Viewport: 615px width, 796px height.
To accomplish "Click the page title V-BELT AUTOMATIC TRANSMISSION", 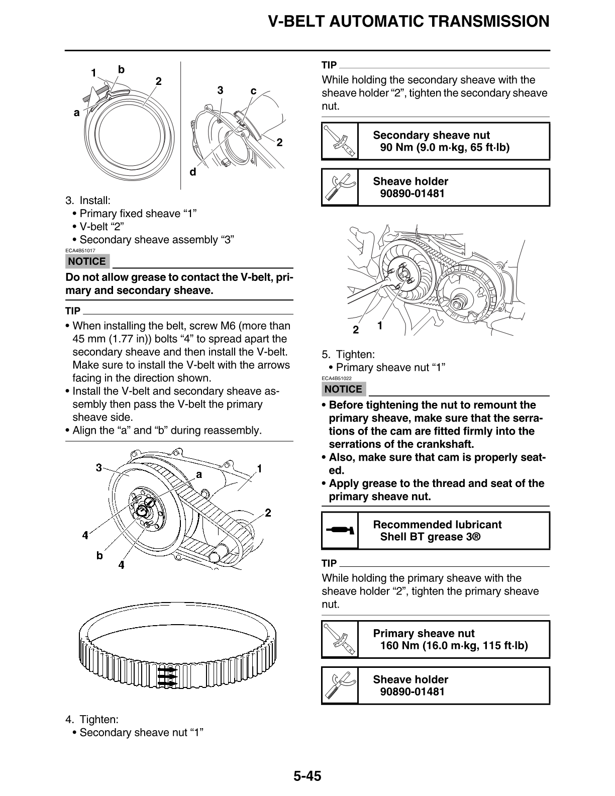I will (408, 22).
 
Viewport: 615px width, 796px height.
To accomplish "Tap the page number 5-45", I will (307, 776).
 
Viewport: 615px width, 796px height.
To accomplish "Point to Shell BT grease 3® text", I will (430, 537).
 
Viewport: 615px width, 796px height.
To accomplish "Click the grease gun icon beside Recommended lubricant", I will (340, 530).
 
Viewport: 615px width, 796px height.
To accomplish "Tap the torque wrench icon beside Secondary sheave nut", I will (340, 141).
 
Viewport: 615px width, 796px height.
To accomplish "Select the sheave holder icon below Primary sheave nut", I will (340, 685).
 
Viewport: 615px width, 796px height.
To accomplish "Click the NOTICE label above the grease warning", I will (87, 261).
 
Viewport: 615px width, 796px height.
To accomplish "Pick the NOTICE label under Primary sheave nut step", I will (343, 389).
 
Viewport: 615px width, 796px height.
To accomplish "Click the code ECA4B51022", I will (337, 378).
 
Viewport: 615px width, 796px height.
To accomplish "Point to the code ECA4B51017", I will (80, 250).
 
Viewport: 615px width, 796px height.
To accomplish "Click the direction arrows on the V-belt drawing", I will (167, 676).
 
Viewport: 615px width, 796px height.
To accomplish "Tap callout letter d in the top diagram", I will (192, 172).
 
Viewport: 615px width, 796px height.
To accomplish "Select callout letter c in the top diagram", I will (253, 91).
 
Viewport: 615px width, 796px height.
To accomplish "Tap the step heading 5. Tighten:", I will (348, 354).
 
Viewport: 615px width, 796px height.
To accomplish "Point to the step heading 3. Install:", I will (88, 201).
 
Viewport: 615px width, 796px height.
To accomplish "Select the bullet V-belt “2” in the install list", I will (101, 227).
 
